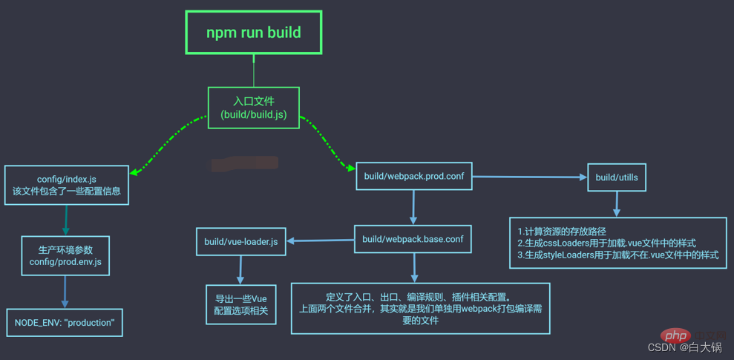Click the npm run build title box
point(253,33)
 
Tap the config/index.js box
point(66,185)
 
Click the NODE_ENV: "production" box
point(65,323)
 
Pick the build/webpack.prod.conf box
point(413,177)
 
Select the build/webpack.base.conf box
point(413,239)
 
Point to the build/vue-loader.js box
point(241,241)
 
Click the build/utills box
point(617,177)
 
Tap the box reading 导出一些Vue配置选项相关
point(240,304)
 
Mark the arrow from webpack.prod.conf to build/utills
point(529,177)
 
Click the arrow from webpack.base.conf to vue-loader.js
point(321,240)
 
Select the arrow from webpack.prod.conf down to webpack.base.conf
point(413,207)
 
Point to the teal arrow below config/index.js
point(65,220)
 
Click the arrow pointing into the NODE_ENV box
point(65,292)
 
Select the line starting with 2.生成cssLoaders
point(606,243)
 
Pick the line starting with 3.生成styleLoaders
point(618,255)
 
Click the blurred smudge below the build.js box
point(243,163)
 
